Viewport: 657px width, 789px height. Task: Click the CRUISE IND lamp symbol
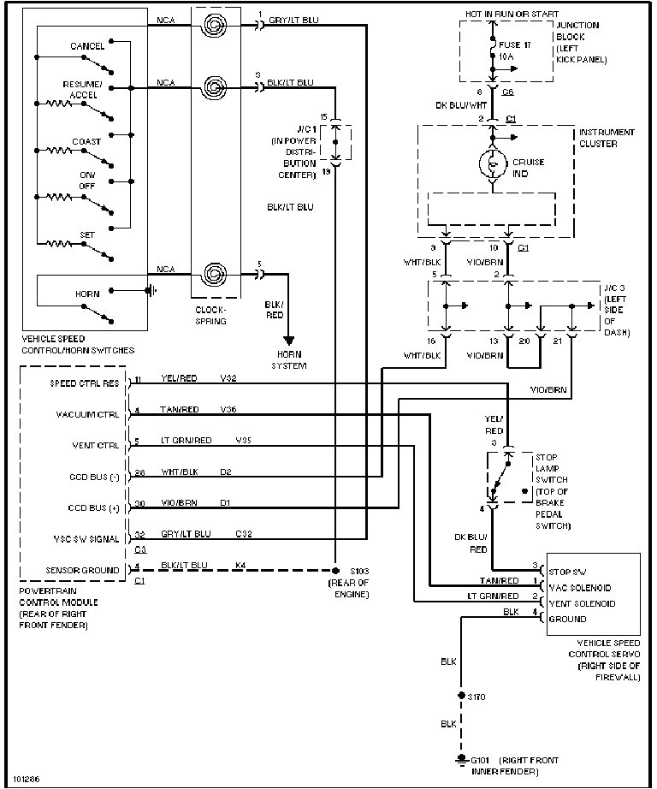tap(494, 163)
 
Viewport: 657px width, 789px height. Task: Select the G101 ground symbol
tap(462, 758)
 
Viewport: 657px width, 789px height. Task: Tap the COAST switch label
tap(86, 141)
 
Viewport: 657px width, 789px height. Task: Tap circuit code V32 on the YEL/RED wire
tap(228, 377)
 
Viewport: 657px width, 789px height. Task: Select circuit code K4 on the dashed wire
tap(240, 565)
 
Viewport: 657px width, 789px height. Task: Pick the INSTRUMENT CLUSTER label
tap(607, 138)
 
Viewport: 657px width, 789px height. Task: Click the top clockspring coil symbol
tap(212, 25)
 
